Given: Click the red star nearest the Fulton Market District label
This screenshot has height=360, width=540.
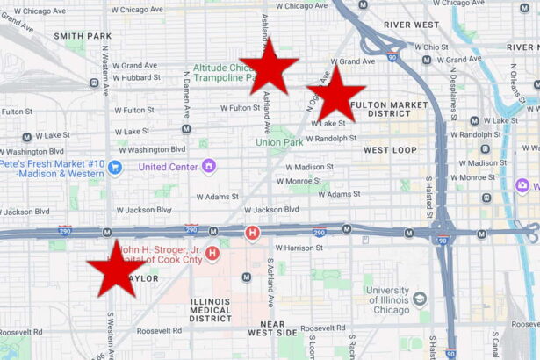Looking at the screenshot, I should pos(335,93).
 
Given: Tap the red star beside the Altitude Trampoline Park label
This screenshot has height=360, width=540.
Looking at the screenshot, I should pos(269,66).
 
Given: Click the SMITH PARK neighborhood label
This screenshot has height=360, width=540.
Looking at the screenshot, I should pos(83,36).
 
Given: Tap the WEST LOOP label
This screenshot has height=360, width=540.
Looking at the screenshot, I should pos(390,150).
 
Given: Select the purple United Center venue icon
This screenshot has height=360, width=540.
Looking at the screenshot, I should pos(208,165).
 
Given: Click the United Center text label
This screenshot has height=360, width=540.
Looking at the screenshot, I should pos(167,166).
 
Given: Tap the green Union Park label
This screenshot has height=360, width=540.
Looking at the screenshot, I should pos(279,142).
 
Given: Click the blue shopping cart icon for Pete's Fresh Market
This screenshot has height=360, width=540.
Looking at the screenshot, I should pos(115,167).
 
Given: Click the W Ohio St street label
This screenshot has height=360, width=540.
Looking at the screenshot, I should pos(430,47).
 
